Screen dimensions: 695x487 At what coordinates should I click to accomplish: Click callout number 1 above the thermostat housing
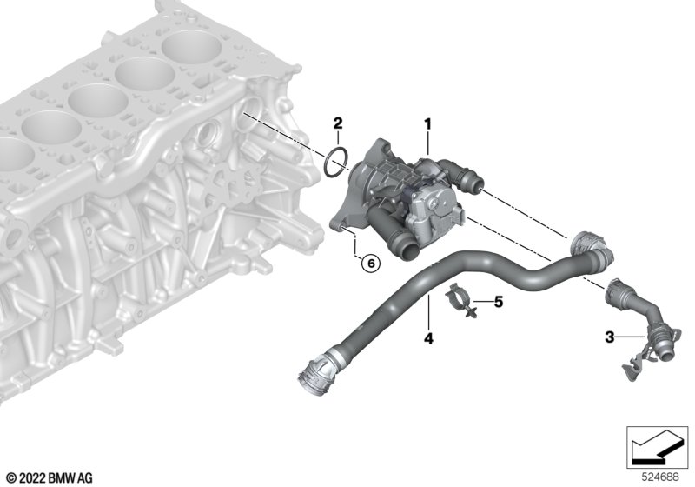[x=427, y=124]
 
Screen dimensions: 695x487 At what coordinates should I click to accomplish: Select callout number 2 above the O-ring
[x=338, y=123]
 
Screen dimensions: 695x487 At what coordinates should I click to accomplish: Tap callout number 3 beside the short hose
[x=611, y=337]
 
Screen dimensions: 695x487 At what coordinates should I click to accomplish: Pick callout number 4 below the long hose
[x=428, y=339]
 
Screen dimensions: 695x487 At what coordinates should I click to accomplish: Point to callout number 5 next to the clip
[x=499, y=303]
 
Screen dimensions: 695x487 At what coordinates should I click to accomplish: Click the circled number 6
[x=371, y=264]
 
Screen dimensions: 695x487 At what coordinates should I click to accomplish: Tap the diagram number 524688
[x=660, y=477]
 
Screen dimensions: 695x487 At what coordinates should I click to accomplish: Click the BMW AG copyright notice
[x=50, y=478]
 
